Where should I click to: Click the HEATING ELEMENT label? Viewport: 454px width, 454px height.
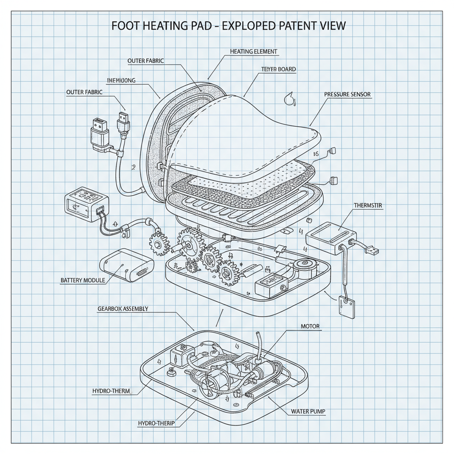click(x=254, y=51)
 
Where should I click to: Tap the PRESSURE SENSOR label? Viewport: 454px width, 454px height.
click(x=347, y=94)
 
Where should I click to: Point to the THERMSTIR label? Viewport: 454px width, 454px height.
click(x=368, y=206)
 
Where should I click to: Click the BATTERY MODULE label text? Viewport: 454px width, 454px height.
click(x=83, y=281)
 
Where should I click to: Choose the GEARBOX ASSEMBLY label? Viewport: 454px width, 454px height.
click(x=122, y=309)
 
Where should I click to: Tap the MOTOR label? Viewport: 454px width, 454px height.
click(x=310, y=326)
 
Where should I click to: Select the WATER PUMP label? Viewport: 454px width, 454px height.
click(x=308, y=411)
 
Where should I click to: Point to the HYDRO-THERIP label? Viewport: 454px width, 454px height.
click(x=157, y=423)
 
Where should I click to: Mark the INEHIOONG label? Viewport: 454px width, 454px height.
click(x=121, y=81)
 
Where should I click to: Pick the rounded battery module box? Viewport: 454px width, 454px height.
click(x=126, y=265)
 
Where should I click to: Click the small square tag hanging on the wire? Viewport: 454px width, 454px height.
click(x=347, y=306)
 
